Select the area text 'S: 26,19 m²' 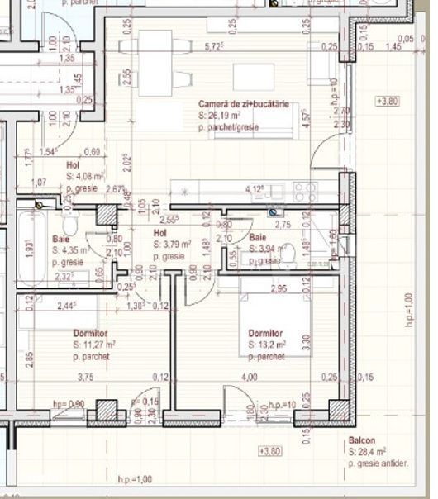point(219,116)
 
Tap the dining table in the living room point(157,45)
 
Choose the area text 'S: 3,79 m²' point(173,245)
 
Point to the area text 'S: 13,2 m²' point(268,345)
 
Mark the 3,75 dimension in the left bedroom point(85,377)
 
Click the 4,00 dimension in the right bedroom point(248,377)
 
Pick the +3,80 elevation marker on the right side point(387,101)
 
